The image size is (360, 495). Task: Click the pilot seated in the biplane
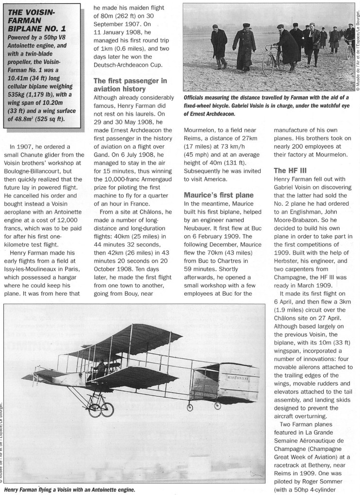101,369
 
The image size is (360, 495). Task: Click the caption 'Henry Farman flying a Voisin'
68,490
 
